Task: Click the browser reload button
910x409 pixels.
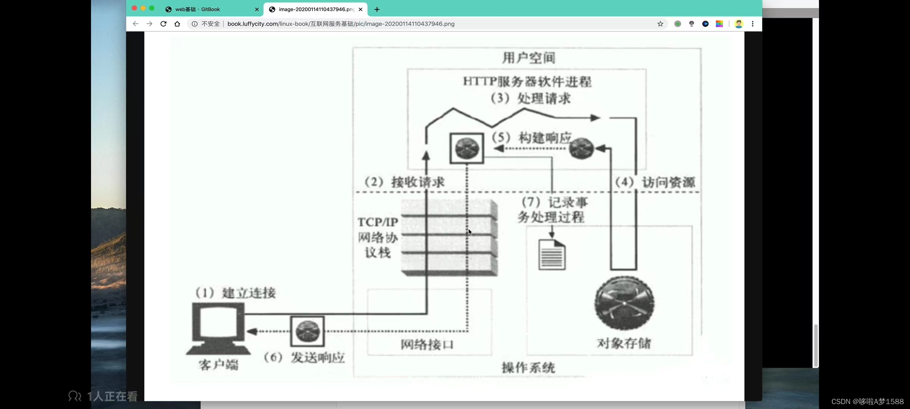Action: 163,24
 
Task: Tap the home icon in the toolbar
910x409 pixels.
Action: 177,24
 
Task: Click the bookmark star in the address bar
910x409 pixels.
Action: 660,24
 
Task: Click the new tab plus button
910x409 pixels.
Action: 377,9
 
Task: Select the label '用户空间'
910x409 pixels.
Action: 529,58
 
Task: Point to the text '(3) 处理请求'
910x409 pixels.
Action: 530,98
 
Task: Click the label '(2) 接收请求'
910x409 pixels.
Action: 404,182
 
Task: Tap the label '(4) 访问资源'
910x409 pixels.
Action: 655,182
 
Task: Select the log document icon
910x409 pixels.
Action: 552,255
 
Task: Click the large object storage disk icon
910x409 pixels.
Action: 624,303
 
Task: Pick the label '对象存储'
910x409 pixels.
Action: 624,343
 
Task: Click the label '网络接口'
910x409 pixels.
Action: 427,344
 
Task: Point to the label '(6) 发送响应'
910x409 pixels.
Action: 304,357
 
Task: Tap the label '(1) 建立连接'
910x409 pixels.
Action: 235,293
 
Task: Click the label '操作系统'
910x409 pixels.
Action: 528,367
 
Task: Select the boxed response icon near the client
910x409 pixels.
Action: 308,331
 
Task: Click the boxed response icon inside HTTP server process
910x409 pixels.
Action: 467,148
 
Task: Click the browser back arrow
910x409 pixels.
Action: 135,24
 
